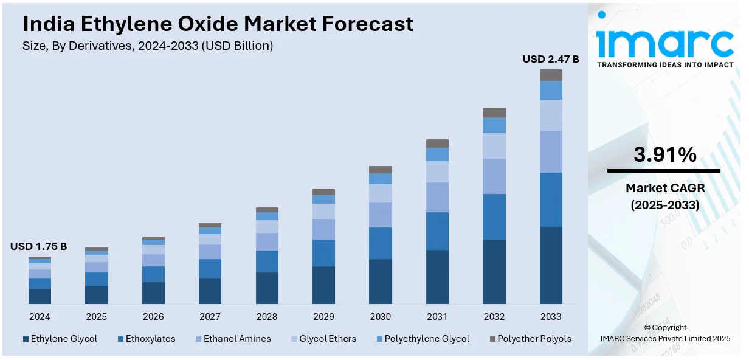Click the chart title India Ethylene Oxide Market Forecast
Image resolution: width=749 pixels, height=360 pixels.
pos(218,24)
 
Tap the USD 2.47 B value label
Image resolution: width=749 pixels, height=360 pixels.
pos(551,59)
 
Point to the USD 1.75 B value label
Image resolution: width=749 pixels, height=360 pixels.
pos(38,246)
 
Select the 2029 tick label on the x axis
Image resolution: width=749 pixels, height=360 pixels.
pos(323,317)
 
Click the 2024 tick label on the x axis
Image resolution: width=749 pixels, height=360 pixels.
pos(40,317)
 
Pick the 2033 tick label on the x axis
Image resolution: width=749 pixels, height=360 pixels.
pos(551,317)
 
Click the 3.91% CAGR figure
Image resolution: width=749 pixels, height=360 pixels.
pos(664,155)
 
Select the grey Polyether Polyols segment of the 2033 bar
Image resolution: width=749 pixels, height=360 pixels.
pos(551,75)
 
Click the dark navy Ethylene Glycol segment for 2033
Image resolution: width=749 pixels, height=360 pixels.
pos(551,265)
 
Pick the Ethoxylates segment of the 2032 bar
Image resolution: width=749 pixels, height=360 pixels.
pos(494,216)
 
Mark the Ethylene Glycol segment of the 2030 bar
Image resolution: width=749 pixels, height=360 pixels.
pos(381,282)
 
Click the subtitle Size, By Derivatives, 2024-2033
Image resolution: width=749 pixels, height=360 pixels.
pos(148,46)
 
